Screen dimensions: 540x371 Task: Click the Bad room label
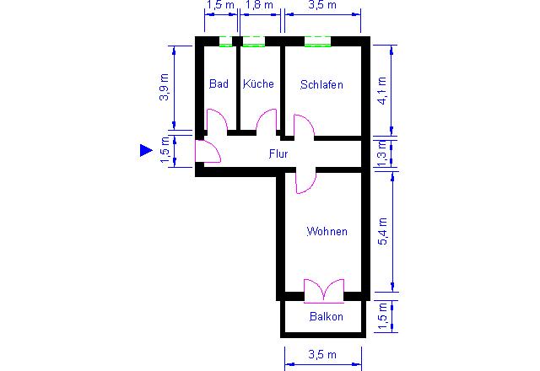(219, 83)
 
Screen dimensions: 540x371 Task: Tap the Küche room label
(258, 83)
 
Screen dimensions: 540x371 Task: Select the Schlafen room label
(321, 84)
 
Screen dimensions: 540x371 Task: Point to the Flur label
(278, 153)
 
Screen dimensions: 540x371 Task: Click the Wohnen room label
(327, 231)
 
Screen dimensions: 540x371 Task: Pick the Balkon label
(327, 316)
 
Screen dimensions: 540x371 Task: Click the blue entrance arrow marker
(146, 150)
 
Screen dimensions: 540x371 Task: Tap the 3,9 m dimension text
(165, 87)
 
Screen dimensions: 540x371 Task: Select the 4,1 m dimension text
(382, 90)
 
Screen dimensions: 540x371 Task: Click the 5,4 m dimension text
(382, 231)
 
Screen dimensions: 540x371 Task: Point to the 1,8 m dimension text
(259, 5)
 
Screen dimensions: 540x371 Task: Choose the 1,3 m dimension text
(382, 153)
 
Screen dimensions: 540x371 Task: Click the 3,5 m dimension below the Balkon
(322, 354)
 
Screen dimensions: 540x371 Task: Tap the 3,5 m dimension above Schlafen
(322, 5)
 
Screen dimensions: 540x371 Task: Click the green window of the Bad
(226, 41)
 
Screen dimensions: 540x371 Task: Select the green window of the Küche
(254, 41)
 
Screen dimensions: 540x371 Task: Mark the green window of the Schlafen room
(317, 41)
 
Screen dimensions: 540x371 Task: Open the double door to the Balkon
(324, 291)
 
